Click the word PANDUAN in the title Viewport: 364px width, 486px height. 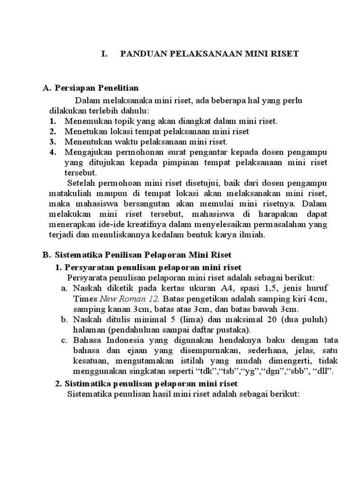pos(141,54)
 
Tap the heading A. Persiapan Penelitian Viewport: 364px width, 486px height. pos(90,88)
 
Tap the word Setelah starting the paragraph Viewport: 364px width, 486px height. pos(82,183)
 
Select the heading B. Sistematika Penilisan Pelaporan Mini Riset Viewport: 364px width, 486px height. pos(136,255)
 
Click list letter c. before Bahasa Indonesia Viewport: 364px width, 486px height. pos(65,340)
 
